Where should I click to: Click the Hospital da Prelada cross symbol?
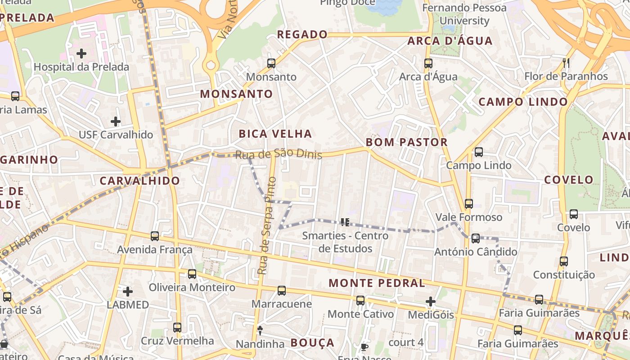81,54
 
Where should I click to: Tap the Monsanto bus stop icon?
271,63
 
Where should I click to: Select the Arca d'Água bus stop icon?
428,63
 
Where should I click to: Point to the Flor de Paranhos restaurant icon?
566,63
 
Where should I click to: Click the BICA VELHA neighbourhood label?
275,134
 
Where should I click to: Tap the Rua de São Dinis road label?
279,154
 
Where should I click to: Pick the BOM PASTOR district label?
406,142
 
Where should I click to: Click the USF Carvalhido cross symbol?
116,121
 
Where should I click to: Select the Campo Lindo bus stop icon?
479,152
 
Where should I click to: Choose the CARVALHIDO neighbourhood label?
139,181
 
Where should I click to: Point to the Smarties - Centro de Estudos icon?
345,222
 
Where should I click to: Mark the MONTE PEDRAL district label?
377,283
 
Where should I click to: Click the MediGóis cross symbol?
431,301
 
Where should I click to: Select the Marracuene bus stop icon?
282,291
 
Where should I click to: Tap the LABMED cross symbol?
128,292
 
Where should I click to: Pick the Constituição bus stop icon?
564,261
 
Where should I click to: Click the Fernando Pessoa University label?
464,14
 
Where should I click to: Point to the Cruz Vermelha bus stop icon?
177,328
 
